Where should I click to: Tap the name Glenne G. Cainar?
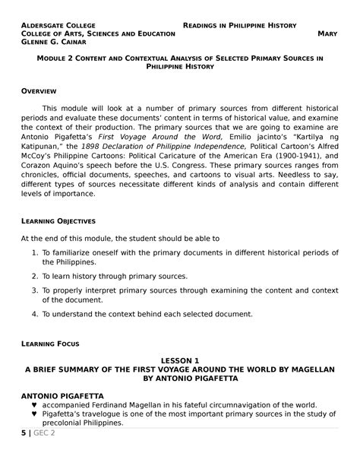point(52,43)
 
